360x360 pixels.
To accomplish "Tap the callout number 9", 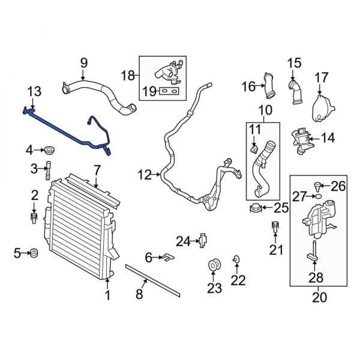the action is [x=83, y=62].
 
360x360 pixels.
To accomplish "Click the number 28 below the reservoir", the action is [x=316, y=277].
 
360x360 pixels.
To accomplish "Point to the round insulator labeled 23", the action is [x=214, y=266].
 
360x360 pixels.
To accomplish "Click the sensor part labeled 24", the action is [x=203, y=241].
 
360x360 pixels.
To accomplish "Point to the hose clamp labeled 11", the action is [x=255, y=146].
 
